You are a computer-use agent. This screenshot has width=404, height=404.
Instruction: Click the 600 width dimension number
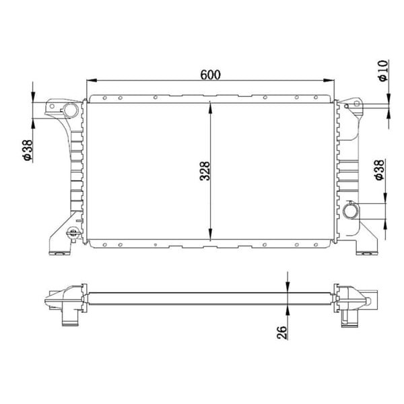pos(211,73)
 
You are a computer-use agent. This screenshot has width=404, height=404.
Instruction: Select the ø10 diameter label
pos(382,70)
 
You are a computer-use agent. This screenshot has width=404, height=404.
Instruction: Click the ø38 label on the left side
pos(27,149)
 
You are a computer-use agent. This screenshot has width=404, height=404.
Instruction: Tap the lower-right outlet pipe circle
pos(351,211)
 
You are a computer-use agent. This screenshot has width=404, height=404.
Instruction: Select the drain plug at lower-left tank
pos(73,234)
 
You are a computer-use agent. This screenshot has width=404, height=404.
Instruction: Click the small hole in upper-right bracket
pos(346,106)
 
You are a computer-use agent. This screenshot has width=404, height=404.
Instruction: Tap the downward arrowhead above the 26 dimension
pos(288,287)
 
